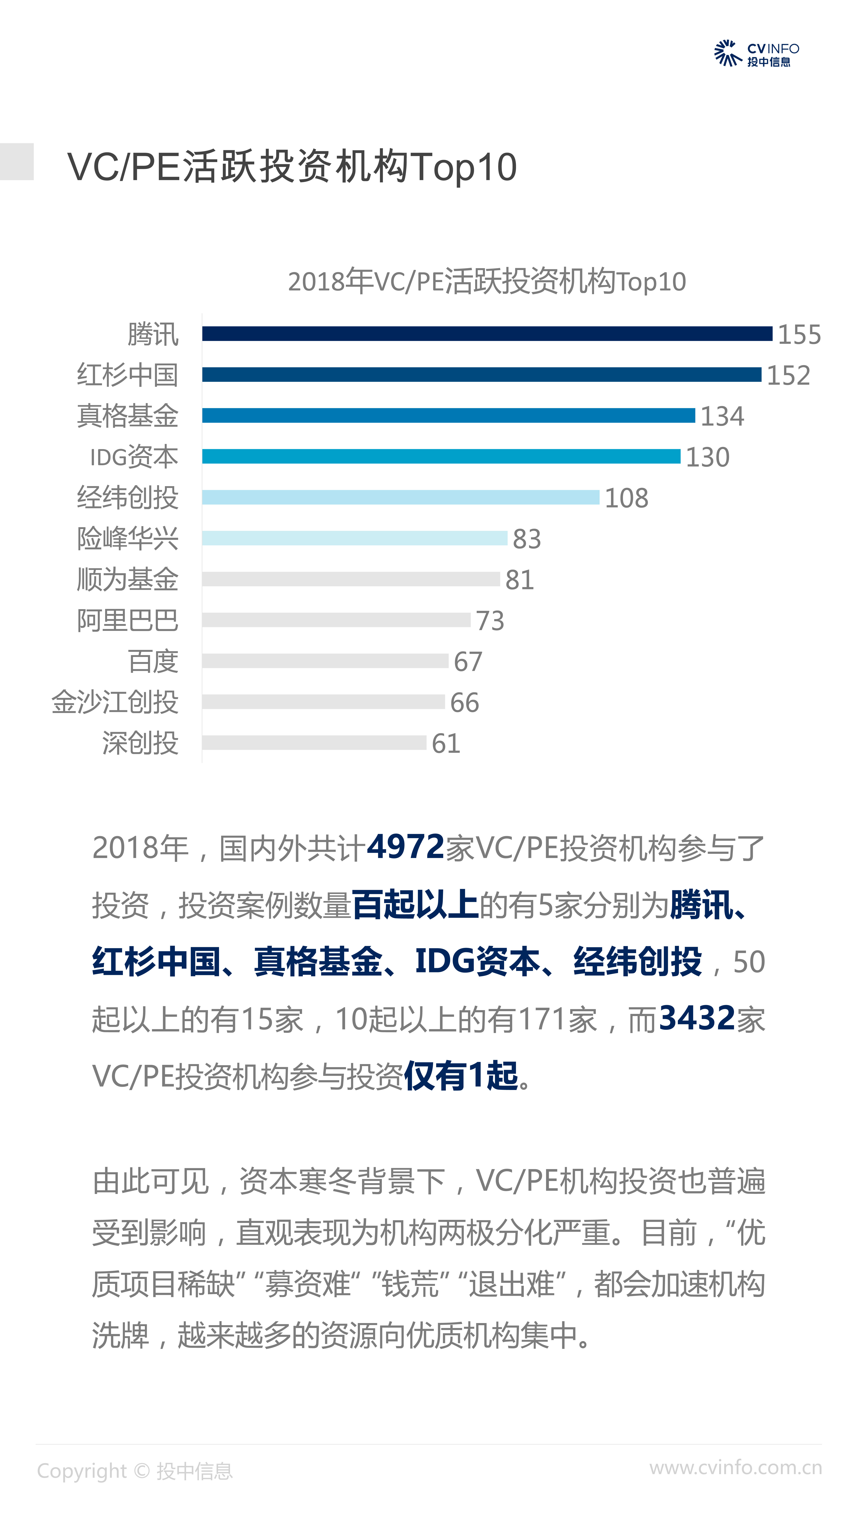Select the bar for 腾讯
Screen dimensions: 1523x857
coord(487,334)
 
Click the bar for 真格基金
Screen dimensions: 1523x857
coord(448,416)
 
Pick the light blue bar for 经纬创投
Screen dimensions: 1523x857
coord(400,497)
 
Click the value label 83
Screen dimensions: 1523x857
coord(526,539)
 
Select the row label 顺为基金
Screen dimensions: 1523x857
coord(127,579)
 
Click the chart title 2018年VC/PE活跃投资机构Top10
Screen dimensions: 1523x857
coord(487,281)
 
